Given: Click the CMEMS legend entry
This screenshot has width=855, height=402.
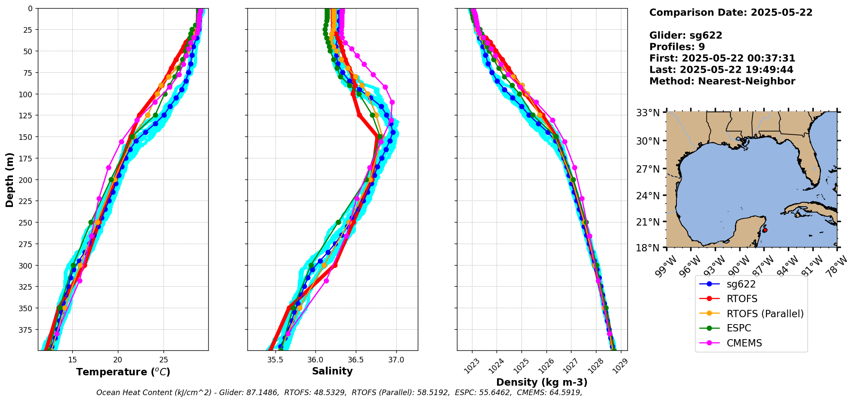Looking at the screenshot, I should (744, 343).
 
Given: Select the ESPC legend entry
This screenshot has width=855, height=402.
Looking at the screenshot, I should (738, 328).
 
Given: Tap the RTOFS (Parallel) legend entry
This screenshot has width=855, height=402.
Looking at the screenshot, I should (765, 314).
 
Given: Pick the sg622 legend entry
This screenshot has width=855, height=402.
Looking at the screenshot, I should (741, 284).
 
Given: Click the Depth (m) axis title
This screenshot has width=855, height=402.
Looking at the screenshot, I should (9, 179).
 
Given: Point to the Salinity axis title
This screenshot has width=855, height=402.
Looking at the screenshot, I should (332, 371).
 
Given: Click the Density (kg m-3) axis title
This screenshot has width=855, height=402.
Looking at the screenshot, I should (542, 382).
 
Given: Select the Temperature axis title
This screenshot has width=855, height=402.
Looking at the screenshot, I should (123, 372).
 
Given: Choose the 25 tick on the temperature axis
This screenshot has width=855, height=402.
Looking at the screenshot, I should (164, 360).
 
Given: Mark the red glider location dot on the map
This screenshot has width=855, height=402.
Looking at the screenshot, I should (765, 230).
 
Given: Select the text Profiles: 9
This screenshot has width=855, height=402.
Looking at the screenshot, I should (677, 47).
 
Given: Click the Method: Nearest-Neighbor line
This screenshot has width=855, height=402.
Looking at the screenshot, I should (722, 81).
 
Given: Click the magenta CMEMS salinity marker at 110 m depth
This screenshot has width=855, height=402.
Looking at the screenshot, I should (392, 102).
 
